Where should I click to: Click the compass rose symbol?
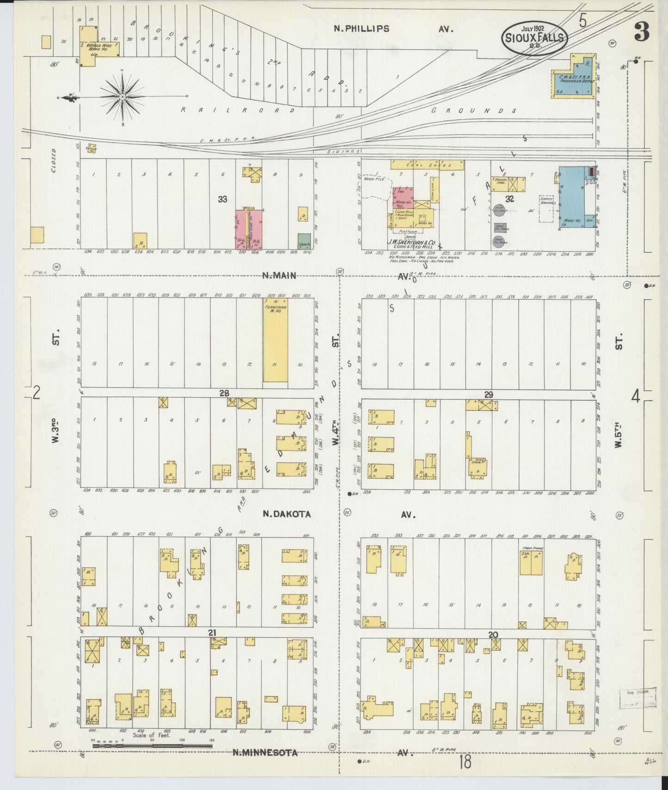[x=123, y=96]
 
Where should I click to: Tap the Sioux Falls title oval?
[x=534, y=37]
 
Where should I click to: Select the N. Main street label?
[x=279, y=276]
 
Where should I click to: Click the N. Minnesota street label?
[x=264, y=753]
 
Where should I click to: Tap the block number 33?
[x=223, y=199]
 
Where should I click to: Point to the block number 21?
[x=212, y=632]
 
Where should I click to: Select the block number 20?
[x=493, y=635]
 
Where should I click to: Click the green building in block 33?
[x=304, y=240]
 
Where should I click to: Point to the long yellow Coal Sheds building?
[x=421, y=164]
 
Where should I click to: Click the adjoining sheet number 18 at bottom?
[x=465, y=762]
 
